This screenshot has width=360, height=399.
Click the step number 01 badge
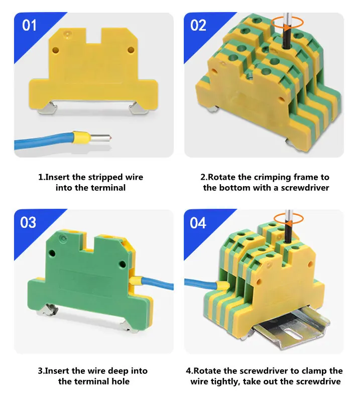click(x=30, y=25)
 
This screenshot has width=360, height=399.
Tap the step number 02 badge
click(x=198, y=25)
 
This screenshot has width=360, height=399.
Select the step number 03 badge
click(x=29, y=222)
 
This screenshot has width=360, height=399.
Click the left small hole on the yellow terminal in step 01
click(x=55, y=50)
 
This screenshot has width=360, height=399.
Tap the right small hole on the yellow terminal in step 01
click(x=131, y=49)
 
